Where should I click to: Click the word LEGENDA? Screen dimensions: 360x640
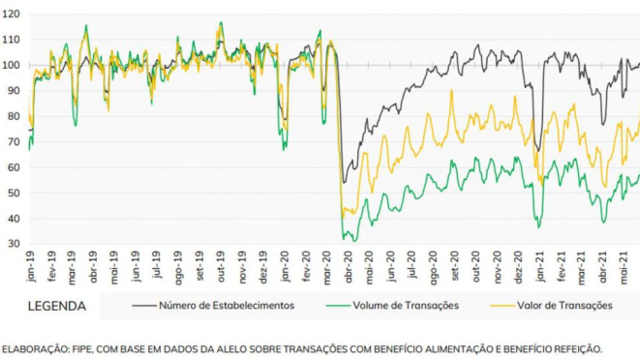pyautogui.click(x=58, y=306)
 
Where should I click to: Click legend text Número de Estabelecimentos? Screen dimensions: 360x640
pyautogui.click(x=227, y=306)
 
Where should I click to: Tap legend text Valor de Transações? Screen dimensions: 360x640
pyautogui.click(x=565, y=306)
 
